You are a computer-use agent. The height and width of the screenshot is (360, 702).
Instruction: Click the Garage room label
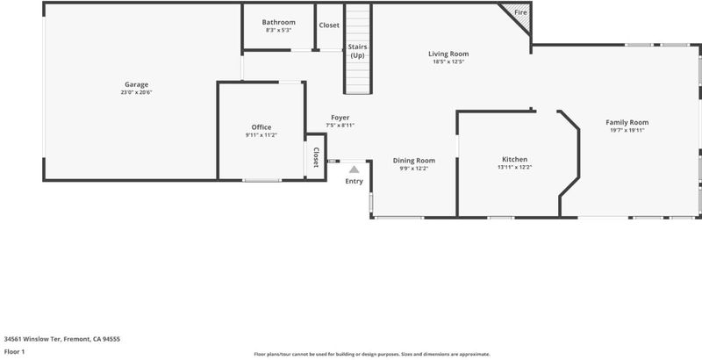click(136, 84)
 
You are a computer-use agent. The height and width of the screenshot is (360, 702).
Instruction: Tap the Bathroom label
click(278, 22)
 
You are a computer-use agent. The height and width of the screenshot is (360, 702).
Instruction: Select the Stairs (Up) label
click(358, 51)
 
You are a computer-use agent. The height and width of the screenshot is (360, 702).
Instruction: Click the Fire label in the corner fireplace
click(520, 12)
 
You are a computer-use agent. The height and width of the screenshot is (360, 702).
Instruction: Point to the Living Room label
click(448, 54)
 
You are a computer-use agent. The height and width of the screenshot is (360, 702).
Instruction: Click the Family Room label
click(627, 122)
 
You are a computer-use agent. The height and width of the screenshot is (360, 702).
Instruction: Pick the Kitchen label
click(514, 160)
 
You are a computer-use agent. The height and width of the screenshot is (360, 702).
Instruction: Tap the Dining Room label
click(413, 161)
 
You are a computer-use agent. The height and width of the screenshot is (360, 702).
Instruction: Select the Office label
click(261, 127)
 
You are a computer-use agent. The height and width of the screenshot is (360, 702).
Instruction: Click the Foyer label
click(340, 118)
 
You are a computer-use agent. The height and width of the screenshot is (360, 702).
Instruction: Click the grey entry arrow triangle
click(355, 169)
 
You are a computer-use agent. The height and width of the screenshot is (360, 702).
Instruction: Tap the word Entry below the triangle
click(355, 182)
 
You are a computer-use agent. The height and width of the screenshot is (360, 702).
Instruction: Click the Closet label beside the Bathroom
click(329, 25)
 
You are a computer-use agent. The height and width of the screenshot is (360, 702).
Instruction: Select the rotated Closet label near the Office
click(316, 158)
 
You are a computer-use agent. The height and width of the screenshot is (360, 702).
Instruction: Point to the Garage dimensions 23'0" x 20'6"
click(136, 92)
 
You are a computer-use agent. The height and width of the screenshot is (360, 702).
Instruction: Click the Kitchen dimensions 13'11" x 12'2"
click(514, 167)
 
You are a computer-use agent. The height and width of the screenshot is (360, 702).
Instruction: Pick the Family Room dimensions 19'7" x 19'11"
click(627, 130)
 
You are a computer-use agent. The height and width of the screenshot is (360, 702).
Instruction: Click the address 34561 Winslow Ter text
click(34, 339)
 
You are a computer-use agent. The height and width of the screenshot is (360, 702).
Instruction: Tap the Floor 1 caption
click(14, 351)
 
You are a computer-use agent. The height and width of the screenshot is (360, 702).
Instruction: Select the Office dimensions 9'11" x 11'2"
click(261, 134)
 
